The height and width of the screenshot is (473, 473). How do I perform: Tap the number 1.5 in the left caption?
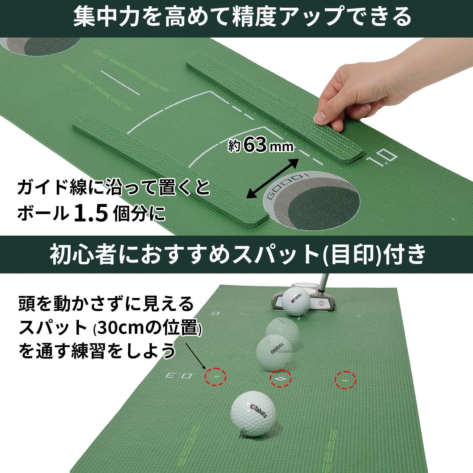pyautogui.click(x=90, y=214)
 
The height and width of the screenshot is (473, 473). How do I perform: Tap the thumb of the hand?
pyautogui.click(x=324, y=115)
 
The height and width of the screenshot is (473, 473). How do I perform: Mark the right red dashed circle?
pyautogui.click(x=345, y=381)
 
